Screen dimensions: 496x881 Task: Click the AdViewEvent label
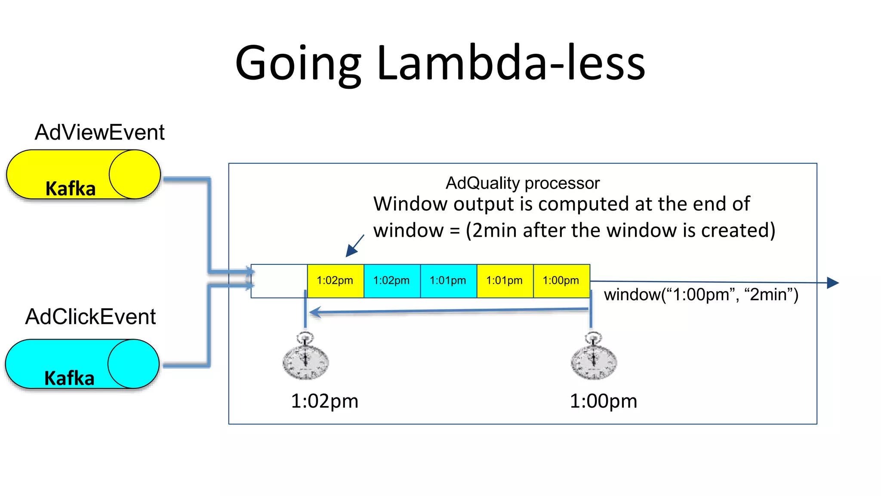(99, 132)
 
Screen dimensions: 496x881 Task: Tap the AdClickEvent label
(90, 317)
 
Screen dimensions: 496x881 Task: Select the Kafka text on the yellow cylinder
(71, 189)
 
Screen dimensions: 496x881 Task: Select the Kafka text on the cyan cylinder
(69, 378)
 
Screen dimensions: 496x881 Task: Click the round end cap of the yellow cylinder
(134, 174)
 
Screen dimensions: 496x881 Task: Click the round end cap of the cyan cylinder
(133, 364)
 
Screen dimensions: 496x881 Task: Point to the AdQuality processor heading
(522, 183)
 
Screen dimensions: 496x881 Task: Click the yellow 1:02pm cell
(335, 281)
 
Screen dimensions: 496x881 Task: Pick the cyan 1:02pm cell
(391, 281)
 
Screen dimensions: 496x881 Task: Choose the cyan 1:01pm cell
(448, 281)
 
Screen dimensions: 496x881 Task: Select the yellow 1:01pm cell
(505, 281)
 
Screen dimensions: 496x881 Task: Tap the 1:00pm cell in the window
(561, 281)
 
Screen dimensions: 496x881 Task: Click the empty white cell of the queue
(279, 281)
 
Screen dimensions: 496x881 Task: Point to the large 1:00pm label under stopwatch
(603, 401)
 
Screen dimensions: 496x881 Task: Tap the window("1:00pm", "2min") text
(701, 295)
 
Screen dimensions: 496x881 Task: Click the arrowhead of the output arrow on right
(833, 283)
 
